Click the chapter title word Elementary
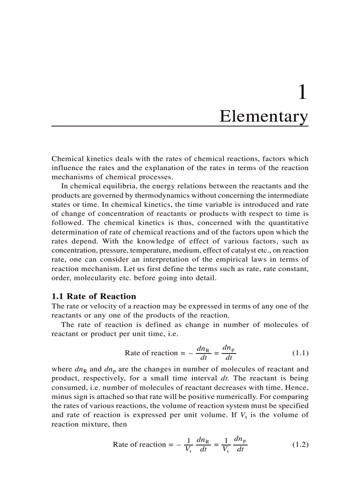coord(264,116)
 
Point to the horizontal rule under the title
coord(180,126)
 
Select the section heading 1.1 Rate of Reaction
coord(94,296)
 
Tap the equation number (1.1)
coord(300,353)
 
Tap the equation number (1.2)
coord(300,444)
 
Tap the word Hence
coord(297,387)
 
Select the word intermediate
coord(286,195)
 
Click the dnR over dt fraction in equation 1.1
coord(203,353)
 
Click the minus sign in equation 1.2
coord(179,444)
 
